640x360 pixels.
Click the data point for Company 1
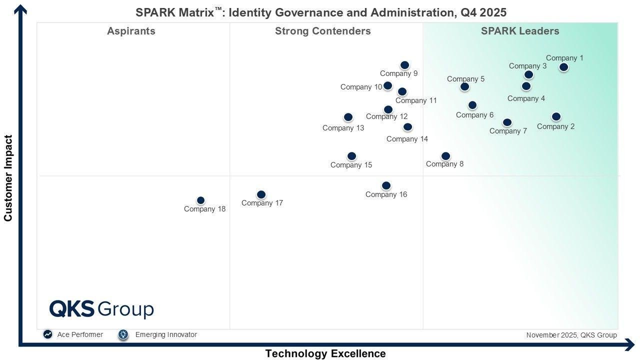pyautogui.click(x=563, y=67)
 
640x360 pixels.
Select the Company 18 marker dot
pyautogui.click(x=200, y=200)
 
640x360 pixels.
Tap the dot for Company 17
pyautogui.click(x=261, y=194)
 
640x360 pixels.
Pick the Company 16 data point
pyautogui.click(x=386, y=185)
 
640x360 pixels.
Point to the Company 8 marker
pyautogui.click(x=445, y=156)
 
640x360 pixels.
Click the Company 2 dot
pyautogui.click(x=556, y=116)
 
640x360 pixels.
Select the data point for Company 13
pyautogui.click(x=348, y=117)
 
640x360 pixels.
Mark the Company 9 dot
pyautogui.click(x=404, y=65)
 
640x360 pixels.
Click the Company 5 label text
pyautogui.click(x=465, y=79)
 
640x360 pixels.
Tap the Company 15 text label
pyautogui.click(x=351, y=165)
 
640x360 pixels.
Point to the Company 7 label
pyautogui.click(x=508, y=131)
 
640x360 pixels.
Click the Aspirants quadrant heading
pyautogui.click(x=131, y=31)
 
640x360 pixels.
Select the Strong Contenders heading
pyautogui.click(x=323, y=31)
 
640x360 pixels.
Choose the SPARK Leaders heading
pyautogui.click(x=520, y=31)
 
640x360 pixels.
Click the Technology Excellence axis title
pyautogui.click(x=325, y=353)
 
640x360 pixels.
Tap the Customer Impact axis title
pyautogui.click(x=8, y=178)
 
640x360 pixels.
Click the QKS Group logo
pyautogui.click(x=101, y=309)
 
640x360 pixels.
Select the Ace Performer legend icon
pyautogui.click(x=47, y=334)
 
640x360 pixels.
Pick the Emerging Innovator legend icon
pyautogui.click(x=123, y=334)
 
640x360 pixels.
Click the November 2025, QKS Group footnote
pyautogui.click(x=571, y=335)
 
